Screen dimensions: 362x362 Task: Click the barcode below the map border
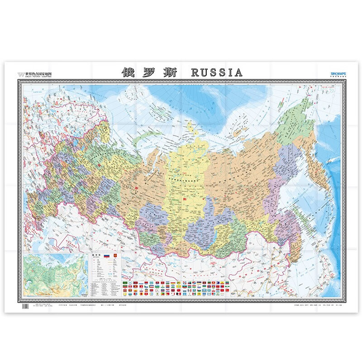click(x=25, y=306)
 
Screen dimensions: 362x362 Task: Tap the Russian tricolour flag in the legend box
click(x=107, y=257)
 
